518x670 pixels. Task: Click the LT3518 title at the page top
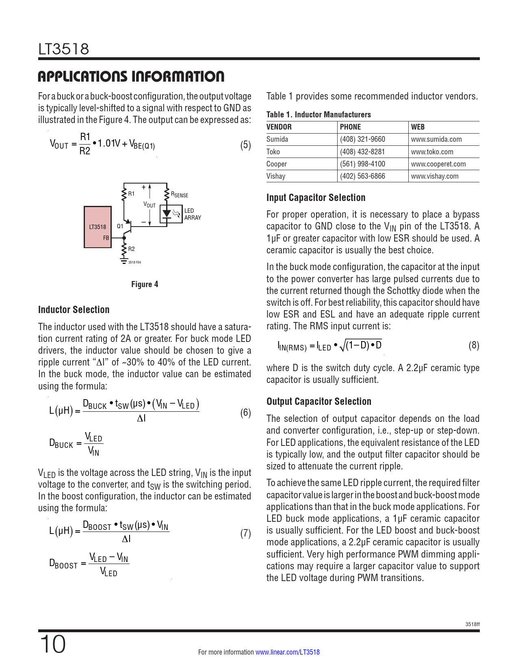click(63, 49)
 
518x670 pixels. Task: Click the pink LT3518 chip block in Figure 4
click(98, 227)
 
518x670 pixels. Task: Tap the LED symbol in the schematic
click(166, 214)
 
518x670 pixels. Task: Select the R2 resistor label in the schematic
click(131, 249)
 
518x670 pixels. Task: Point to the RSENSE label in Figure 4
click(180, 195)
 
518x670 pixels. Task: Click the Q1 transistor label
click(120, 226)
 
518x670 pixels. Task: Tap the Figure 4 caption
click(145, 284)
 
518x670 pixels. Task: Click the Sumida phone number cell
click(362, 139)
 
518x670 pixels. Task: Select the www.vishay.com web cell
click(434, 176)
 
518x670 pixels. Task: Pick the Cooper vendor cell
click(277, 164)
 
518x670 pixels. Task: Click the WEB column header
click(418, 127)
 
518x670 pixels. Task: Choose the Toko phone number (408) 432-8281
click(362, 152)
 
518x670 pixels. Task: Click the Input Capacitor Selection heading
click(316, 198)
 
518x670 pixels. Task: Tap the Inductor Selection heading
click(74, 310)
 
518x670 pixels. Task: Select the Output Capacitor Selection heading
click(319, 402)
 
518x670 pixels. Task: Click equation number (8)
click(474, 346)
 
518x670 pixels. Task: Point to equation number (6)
click(245, 413)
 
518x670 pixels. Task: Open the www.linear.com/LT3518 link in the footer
click(287, 652)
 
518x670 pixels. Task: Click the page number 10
click(52, 644)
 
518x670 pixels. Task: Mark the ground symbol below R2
click(124, 261)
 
